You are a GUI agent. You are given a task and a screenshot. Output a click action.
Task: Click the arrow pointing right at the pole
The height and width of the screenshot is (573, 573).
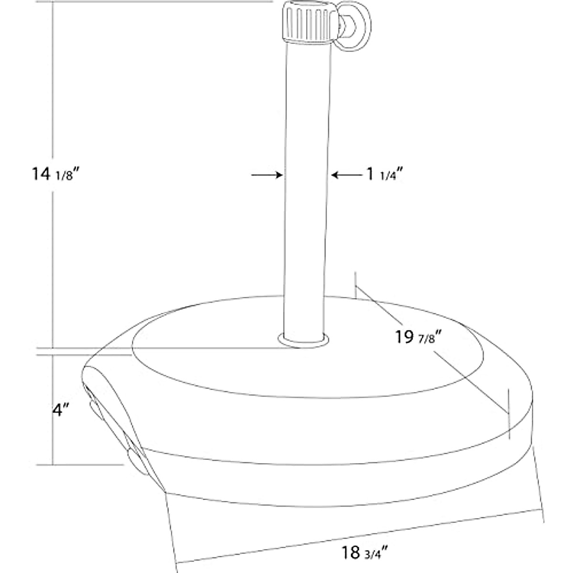point(266,175)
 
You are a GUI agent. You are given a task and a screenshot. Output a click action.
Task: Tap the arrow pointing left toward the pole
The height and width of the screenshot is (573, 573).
point(348,175)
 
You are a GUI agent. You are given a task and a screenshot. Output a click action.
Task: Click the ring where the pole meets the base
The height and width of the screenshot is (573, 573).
point(304,340)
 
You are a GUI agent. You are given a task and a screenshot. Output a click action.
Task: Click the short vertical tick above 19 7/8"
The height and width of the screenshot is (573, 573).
point(355,284)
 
